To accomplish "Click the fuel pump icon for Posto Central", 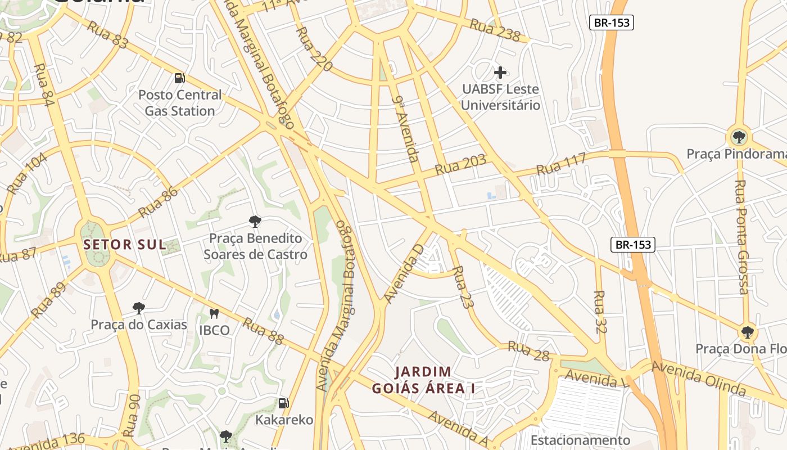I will pyautogui.click(x=179, y=78).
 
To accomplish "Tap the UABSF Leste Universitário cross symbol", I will pyautogui.click(x=500, y=73).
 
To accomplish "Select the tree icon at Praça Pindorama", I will pyautogui.click(x=739, y=136).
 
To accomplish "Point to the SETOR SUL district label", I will pyautogui.click(x=125, y=245).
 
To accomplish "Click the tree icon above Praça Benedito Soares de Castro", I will pyautogui.click(x=255, y=221).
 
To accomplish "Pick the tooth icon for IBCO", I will pyautogui.click(x=214, y=313).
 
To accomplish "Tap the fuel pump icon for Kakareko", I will pyautogui.click(x=284, y=403).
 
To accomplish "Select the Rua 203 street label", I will pyautogui.click(x=461, y=165).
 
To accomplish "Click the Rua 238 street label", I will pyautogui.click(x=495, y=30).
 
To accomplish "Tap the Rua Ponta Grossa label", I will pyautogui.click(x=742, y=236).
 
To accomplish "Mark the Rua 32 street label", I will pyautogui.click(x=600, y=312).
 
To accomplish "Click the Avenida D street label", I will pyautogui.click(x=404, y=272).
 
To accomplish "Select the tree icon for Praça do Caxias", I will pyautogui.click(x=138, y=308).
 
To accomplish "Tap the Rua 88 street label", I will pyautogui.click(x=263, y=331).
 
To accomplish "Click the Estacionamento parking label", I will pyautogui.click(x=581, y=440).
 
